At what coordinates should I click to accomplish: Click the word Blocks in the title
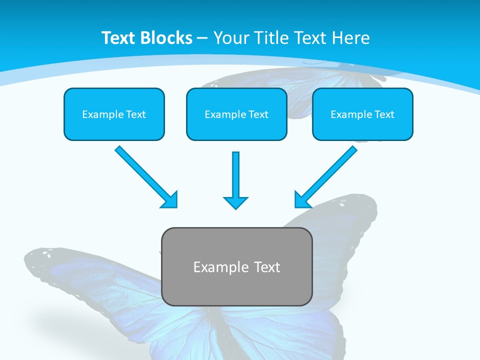tap(166, 38)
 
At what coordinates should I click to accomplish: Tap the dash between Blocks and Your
tap(202, 38)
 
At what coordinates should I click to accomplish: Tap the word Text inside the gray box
tap(267, 267)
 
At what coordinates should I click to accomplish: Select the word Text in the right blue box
tap(384, 114)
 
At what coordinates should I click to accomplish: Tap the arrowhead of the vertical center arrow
tap(235, 202)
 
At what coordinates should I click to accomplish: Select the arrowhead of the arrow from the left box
tap(170, 200)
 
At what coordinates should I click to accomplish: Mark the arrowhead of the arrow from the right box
tap(301, 200)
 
